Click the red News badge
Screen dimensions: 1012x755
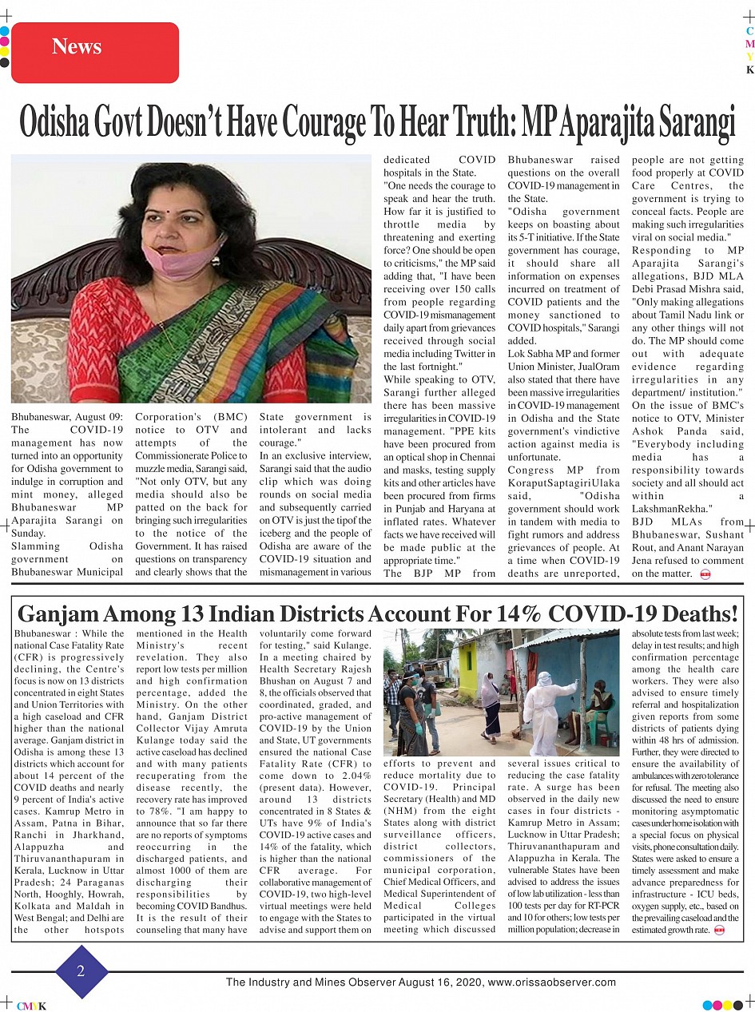(x=95, y=47)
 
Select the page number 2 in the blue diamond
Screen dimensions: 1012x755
(x=81, y=971)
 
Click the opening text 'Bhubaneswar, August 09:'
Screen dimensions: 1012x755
(x=67, y=416)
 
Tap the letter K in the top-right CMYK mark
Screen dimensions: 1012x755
(x=749, y=70)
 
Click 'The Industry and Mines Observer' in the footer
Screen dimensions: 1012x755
(x=305, y=982)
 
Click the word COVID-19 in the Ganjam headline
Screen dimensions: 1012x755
(x=593, y=614)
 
